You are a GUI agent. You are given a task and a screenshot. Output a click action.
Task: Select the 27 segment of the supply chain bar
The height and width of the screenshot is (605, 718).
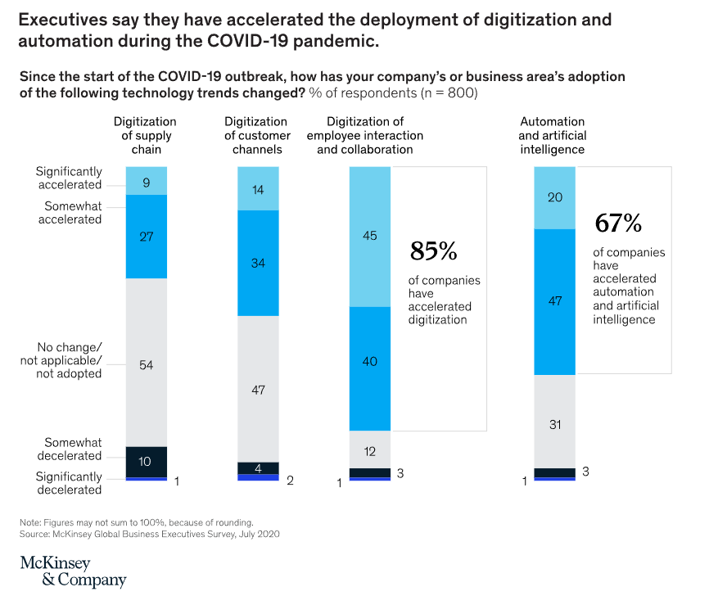[146, 237]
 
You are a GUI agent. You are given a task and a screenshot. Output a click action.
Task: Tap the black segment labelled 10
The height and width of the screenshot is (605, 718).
[146, 462]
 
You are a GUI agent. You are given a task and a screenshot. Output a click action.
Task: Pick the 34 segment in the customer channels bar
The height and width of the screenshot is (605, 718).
[257, 263]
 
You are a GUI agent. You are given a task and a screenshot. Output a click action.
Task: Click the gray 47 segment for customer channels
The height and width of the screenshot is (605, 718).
[257, 389]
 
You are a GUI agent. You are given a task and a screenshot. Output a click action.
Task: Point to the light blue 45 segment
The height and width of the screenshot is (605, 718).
[369, 237]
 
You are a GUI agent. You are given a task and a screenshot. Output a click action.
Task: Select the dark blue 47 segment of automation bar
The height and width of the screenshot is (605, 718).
[554, 301]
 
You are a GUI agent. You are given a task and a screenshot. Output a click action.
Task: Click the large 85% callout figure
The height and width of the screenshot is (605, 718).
[433, 251]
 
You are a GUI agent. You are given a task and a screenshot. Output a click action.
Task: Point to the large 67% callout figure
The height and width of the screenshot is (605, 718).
[618, 223]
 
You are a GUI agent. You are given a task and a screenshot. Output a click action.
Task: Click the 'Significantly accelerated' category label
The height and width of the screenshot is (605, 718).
[69, 178]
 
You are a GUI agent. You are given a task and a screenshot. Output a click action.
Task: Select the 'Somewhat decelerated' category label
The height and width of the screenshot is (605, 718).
[73, 449]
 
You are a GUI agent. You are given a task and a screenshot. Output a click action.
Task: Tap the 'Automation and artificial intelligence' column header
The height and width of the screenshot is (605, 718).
[552, 136]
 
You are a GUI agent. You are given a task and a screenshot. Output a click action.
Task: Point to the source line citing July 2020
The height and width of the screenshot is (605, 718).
[150, 533]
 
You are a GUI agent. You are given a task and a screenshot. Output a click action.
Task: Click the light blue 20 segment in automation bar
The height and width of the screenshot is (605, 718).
[554, 197]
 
